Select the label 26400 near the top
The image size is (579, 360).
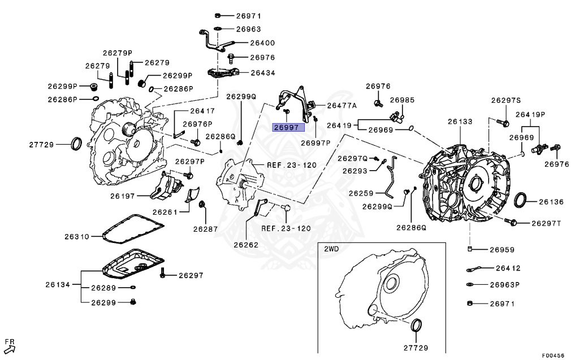262,42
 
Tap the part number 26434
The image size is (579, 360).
262,73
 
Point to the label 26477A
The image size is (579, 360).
342,105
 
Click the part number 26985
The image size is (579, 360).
402,100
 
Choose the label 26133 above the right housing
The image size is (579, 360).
460,122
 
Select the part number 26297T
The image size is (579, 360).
546,223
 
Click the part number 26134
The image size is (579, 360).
58,284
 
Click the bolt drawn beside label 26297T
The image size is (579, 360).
512,223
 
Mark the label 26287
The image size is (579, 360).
205,229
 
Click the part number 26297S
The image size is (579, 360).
505,101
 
